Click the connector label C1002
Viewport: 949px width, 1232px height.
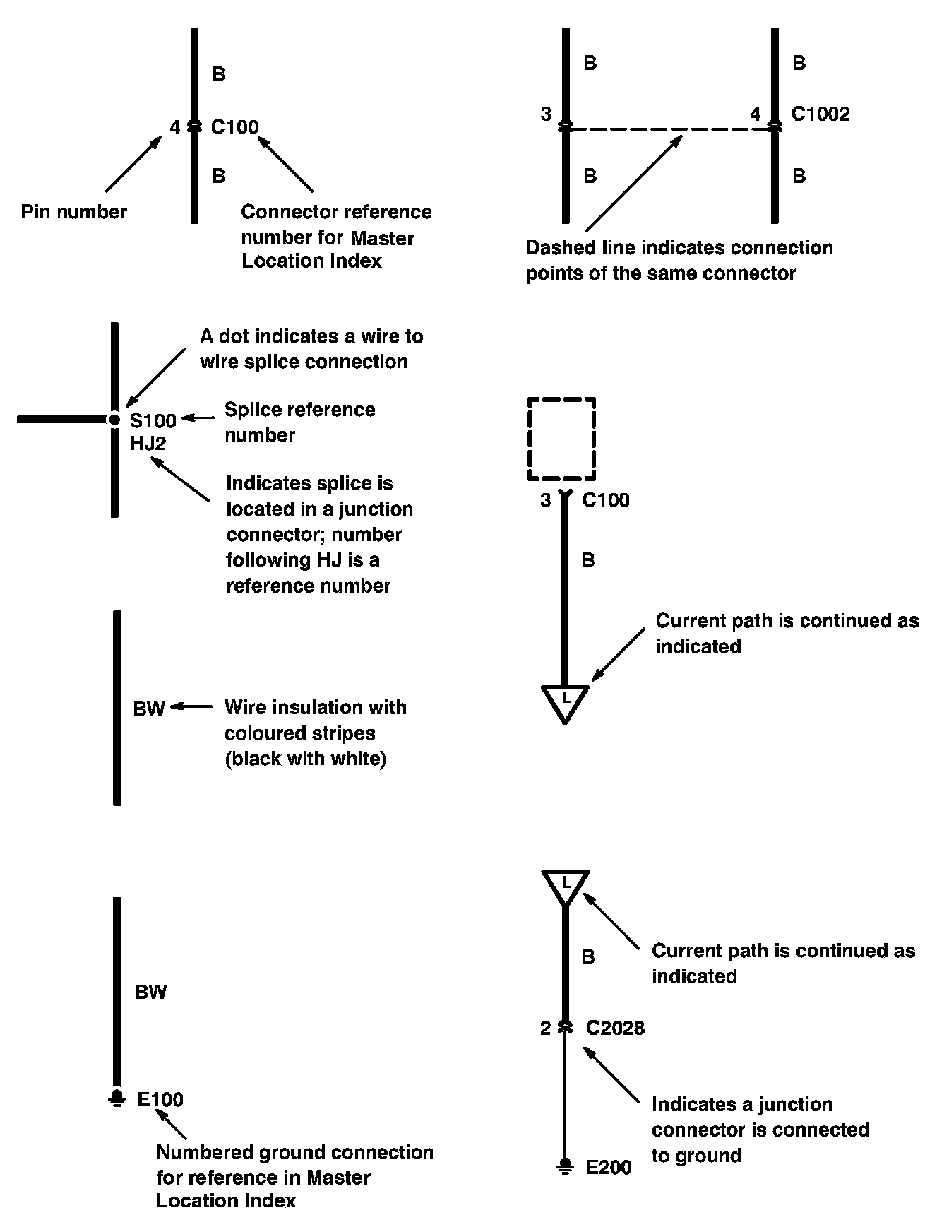pyautogui.click(x=820, y=114)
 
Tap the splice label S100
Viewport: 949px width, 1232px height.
pyautogui.click(x=153, y=421)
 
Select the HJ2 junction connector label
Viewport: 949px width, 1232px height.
pyautogui.click(x=148, y=444)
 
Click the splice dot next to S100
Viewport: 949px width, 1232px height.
pyautogui.click(x=114, y=420)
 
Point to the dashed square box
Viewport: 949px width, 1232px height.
pyautogui.click(x=562, y=439)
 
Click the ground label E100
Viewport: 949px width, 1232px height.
pyautogui.click(x=160, y=1099)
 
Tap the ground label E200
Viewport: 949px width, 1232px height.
pyautogui.click(x=609, y=1167)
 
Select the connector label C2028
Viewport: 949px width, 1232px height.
pyautogui.click(x=615, y=1028)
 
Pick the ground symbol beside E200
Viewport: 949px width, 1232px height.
pyautogui.click(x=565, y=1166)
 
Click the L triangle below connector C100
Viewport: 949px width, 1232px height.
pyautogui.click(x=565, y=701)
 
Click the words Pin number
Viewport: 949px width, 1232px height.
pyautogui.click(x=73, y=211)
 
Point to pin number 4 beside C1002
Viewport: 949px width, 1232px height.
pyautogui.click(x=756, y=114)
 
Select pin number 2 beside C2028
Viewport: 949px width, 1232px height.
pyautogui.click(x=545, y=1028)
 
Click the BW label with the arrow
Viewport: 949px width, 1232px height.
pyautogui.click(x=149, y=709)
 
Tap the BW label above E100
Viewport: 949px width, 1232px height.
pyautogui.click(x=150, y=993)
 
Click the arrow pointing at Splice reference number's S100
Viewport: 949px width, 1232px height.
pyautogui.click(x=198, y=418)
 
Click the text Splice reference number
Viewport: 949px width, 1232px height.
pyautogui.click(x=299, y=422)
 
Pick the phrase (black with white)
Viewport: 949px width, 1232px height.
pyautogui.click(x=306, y=759)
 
